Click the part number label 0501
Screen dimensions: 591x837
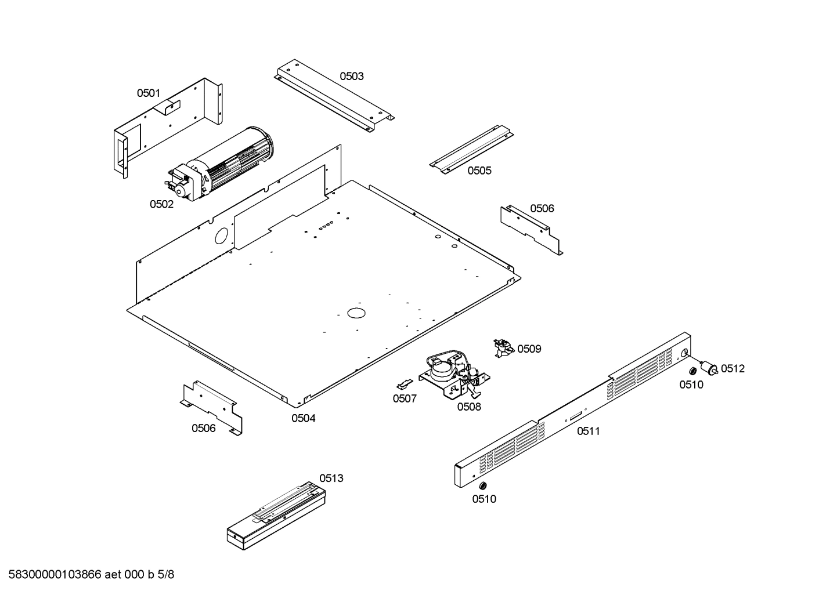click(x=148, y=93)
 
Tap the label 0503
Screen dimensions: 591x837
click(x=352, y=76)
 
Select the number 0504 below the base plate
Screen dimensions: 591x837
click(x=303, y=418)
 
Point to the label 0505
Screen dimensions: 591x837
click(x=479, y=171)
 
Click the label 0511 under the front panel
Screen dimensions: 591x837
click(x=589, y=431)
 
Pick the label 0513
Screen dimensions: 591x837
click(x=331, y=478)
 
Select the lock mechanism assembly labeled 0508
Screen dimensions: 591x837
click(x=456, y=374)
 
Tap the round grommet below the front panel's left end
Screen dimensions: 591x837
click(x=483, y=485)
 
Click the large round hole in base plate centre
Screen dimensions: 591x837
click(x=356, y=313)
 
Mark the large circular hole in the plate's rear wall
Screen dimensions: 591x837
click(x=221, y=235)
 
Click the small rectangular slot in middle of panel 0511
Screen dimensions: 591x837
click(x=575, y=415)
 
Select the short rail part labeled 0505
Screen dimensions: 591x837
click(x=471, y=148)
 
